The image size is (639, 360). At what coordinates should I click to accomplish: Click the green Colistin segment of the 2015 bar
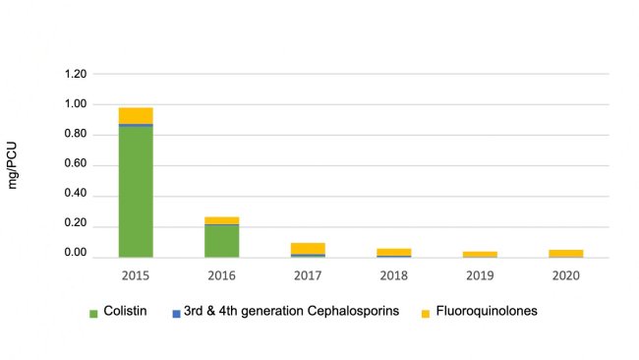point(136,192)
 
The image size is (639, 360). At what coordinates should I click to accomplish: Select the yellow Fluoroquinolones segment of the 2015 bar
point(136,115)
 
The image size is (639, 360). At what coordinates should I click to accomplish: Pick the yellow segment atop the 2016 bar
point(221,220)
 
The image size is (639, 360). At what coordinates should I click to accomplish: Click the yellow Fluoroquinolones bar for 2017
point(307,248)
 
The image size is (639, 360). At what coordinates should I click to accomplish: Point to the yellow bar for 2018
point(392,252)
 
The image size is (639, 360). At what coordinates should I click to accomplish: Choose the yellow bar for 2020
point(564,253)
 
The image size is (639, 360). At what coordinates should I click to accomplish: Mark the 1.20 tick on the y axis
point(75,75)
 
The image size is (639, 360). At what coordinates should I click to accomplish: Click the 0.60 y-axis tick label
point(75,165)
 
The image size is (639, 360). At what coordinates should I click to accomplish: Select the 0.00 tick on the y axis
point(75,255)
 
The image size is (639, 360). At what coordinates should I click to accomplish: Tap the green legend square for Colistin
point(94,313)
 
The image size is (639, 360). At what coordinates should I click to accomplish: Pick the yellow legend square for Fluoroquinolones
point(425,313)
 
